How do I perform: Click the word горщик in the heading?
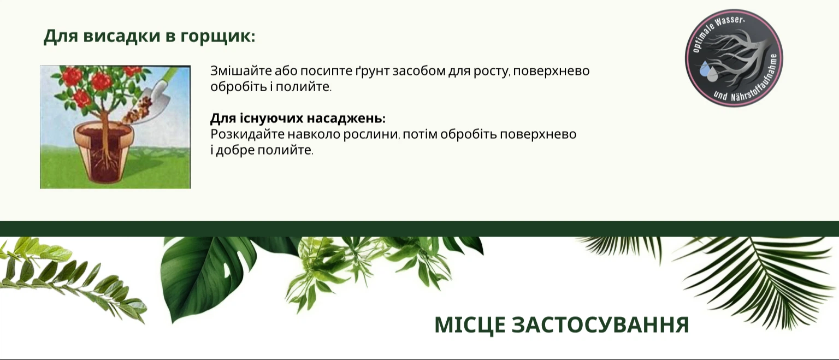click(x=217, y=37)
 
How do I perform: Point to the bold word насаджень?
click(x=346, y=119)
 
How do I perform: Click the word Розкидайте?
click(x=247, y=134)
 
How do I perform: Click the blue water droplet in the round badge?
click(x=706, y=69)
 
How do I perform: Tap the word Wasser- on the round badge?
click(x=729, y=23)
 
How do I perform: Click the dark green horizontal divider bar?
click(x=419, y=228)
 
